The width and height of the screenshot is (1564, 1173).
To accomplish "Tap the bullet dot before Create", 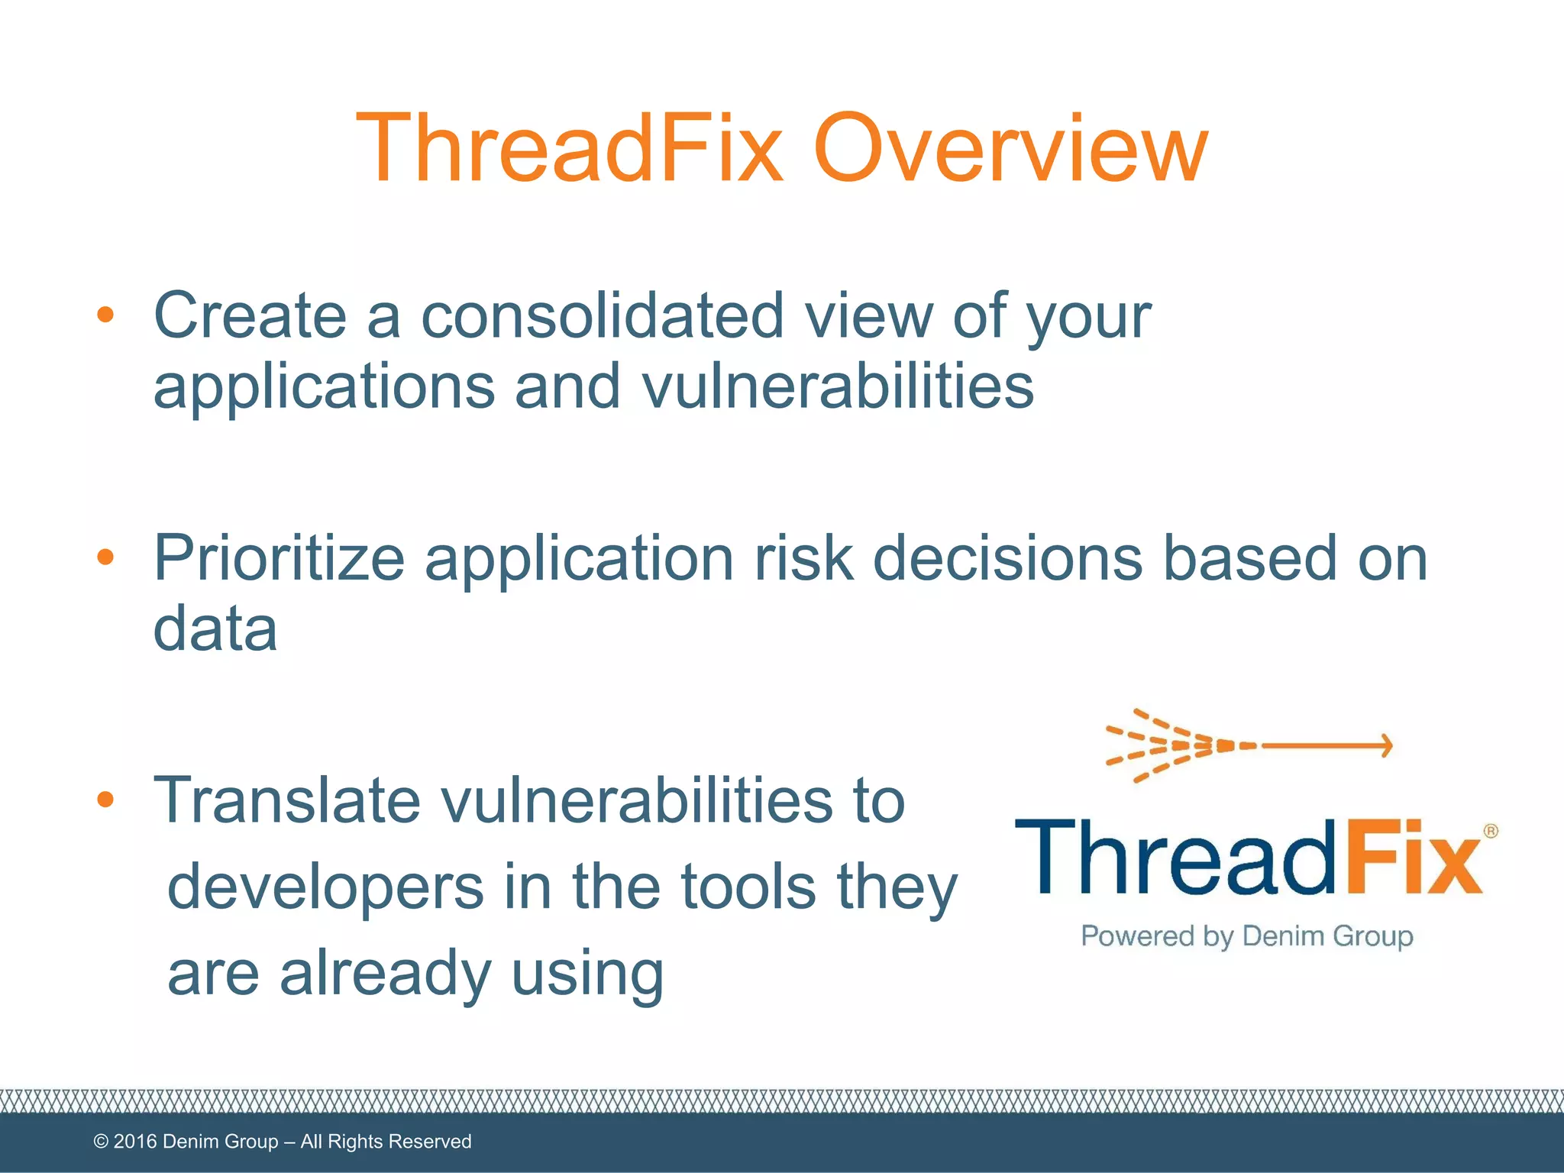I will coord(105,315).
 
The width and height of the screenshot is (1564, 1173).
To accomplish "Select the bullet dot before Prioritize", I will coord(105,557).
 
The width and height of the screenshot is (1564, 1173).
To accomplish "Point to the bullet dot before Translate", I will coord(105,800).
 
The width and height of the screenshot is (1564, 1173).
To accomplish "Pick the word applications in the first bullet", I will coord(324,388).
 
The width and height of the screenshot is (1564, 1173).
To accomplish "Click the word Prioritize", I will coord(279,559).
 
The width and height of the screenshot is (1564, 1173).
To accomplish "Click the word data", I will coord(215,628).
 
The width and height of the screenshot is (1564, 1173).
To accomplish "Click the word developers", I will coord(325,888).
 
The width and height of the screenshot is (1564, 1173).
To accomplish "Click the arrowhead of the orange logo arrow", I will coord(1385,745).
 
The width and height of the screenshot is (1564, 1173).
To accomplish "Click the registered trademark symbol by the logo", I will coord(1490,831).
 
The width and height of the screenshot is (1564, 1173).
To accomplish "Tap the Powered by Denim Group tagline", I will coord(1246,936).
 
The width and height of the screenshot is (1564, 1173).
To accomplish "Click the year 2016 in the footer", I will coord(135,1142).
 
